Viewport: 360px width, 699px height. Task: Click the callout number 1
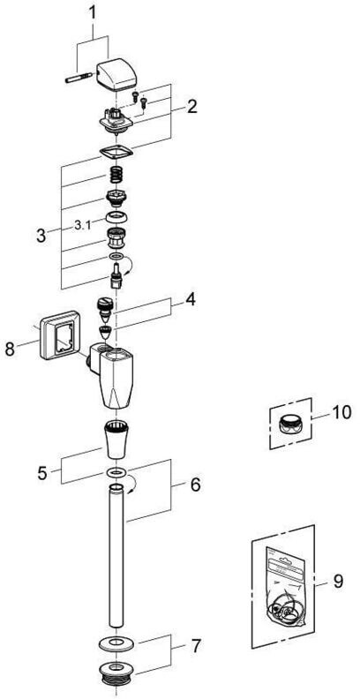pyautogui.click(x=93, y=12)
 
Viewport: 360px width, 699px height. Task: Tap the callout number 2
pyautogui.click(x=191, y=107)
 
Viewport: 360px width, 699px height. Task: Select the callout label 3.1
pyautogui.click(x=82, y=225)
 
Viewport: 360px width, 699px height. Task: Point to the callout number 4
pyautogui.click(x=191, y=299)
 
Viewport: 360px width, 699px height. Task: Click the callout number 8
pyautogui.click(x=11, y=349)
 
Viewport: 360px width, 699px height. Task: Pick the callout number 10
pyautogui.click(x=341, y=412)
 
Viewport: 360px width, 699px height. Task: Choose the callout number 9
pyautogui.click(x=338, y=581)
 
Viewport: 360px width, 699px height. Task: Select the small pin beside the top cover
pyautogui.click(x=79, y=79)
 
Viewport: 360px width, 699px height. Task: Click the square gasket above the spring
pyautogui.click(x=116, y=153)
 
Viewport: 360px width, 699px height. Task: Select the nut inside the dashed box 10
pyautogui.click(x=290, y=423)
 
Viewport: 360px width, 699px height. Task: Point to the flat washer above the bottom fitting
pyautogui.click(x=116, y=643)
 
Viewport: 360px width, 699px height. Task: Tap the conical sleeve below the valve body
pyautogui.click(x=117, y=439)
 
